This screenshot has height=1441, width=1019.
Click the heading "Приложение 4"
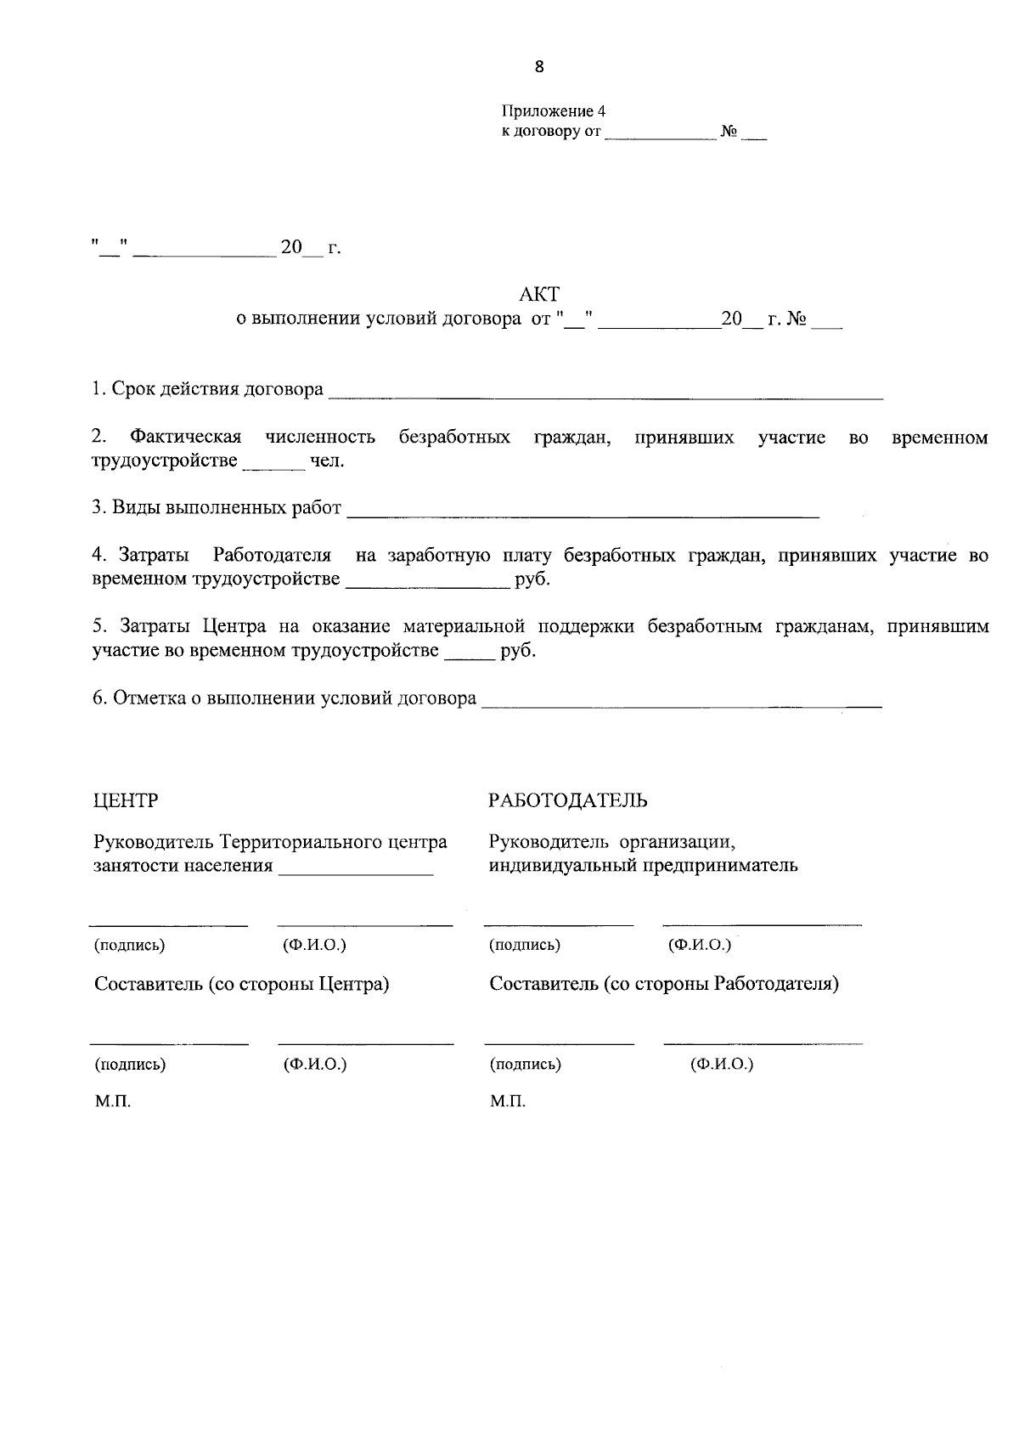[553, 111]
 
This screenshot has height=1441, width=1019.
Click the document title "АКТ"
[538, 295]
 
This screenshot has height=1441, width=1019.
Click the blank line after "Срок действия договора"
[605, 393]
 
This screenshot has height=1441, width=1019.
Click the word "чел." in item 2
[326, 461]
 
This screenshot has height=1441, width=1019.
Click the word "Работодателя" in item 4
[272, 557]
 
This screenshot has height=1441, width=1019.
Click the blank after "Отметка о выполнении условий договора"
[681, 703]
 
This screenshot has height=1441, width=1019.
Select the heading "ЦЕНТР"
[126, 800]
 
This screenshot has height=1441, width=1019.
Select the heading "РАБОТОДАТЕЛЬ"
[568, 800]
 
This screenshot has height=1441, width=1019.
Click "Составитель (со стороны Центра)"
[242, 984]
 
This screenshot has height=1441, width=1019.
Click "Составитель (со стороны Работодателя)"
[664, 984]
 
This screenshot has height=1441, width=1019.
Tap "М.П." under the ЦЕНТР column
[112, 1102]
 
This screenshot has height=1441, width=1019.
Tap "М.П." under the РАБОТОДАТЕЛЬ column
[507, 1102]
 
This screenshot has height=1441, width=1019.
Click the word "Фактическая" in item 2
[185, 438]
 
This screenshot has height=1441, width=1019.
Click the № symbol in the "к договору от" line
[728, 133]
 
